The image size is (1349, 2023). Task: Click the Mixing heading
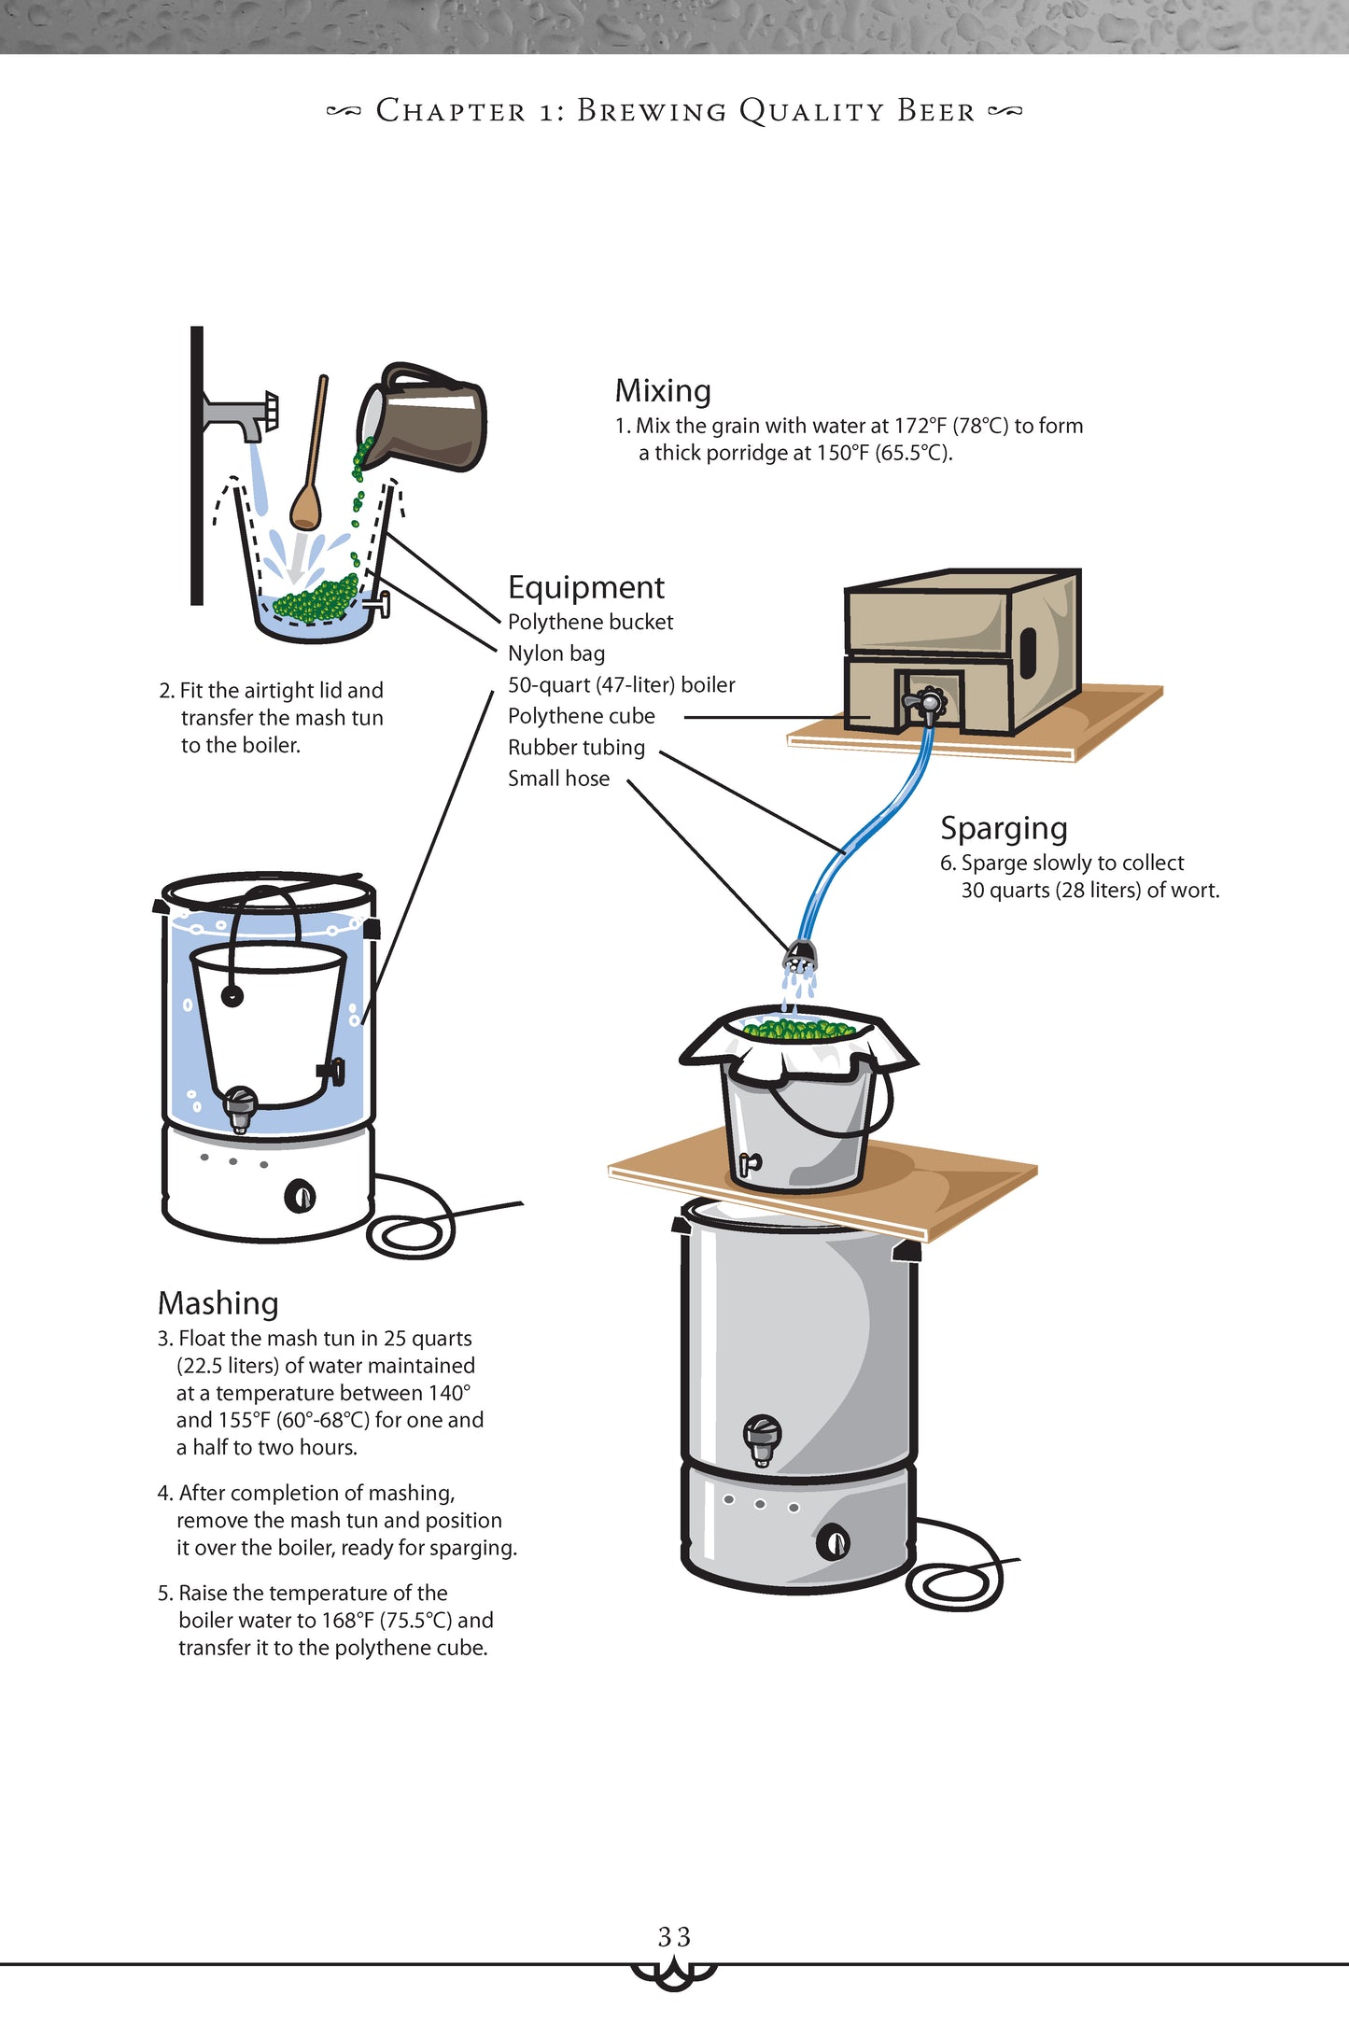tap(662, 390)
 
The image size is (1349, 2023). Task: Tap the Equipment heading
tap(585, 587)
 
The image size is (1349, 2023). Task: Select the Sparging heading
tap(1003, 828)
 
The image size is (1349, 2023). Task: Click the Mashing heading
tap(218, 1302)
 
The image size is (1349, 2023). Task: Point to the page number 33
tap(674, 1936)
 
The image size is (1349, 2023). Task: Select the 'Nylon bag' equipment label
tap(556, 653)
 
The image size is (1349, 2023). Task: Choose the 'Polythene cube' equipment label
tap(581, 716)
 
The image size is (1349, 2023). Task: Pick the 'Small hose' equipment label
tap(558, 779)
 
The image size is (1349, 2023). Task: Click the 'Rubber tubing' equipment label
tap(576, 748)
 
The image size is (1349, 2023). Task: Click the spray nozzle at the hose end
tap(800, 955)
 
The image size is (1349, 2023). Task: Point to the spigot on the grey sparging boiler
tap(762, 1438)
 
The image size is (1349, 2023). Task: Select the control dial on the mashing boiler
tap(300, 1195)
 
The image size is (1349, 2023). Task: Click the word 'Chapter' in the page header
tap(451, 111)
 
